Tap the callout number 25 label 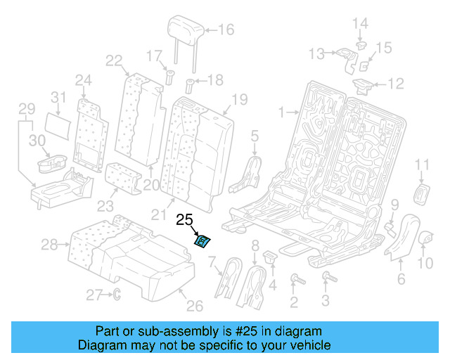pyautogui.click(x=184, y=219)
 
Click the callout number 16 pyautogui.click(x=226, y=30)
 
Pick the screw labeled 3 pyautogui.click(x=325, y=279)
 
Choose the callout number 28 pyautogui.click(x=49, y=245)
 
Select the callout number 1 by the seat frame pyautogui.click(x=281, y=111)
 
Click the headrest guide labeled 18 pyautogui.click(x=189, y=87)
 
